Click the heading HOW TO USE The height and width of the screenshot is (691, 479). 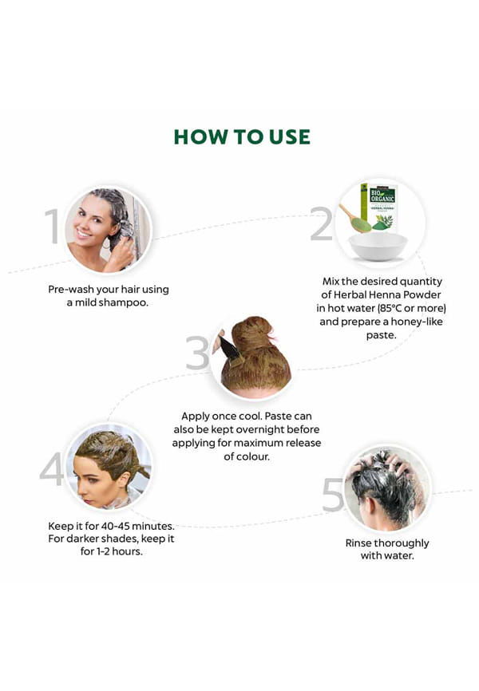(242, 136)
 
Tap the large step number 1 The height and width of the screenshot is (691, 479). (53, 226)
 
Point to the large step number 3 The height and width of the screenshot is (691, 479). (197, 353)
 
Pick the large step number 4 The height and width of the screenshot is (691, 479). (52, 468)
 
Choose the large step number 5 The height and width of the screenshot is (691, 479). (333, 495)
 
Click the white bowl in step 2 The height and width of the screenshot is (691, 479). (378, 247)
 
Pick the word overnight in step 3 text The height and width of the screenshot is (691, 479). (259, 429)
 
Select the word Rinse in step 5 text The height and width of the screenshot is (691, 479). (358, 543)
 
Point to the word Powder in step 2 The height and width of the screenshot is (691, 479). (422, 294)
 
